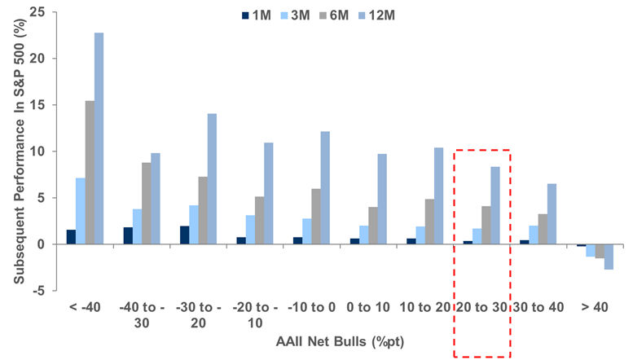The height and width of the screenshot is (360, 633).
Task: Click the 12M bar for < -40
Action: point(99,138)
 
